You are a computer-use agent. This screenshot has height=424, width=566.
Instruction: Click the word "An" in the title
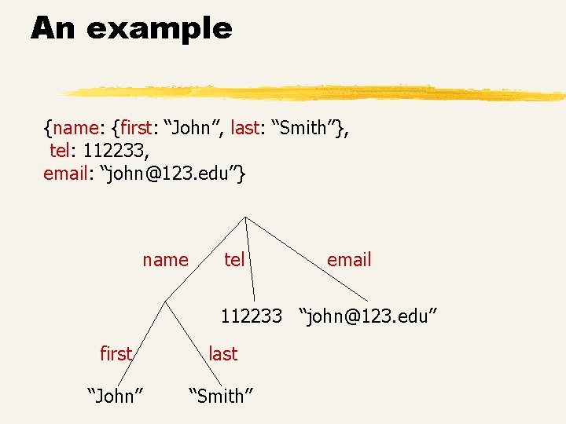54,29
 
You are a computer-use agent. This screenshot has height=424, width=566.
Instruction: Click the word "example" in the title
160,30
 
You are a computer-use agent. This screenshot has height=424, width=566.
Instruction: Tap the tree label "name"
165,260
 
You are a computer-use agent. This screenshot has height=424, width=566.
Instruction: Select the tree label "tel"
234,260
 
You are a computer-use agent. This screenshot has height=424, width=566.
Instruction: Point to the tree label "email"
348,260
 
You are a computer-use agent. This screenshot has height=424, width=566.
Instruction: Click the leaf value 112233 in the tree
251,316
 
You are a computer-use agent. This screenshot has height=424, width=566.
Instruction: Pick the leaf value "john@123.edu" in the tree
367,316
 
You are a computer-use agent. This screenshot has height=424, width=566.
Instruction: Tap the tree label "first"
116,354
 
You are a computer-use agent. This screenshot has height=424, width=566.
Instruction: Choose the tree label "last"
222,354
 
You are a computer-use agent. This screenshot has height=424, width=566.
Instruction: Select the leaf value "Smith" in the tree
221,397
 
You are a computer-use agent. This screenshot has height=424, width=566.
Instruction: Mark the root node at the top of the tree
245,216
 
